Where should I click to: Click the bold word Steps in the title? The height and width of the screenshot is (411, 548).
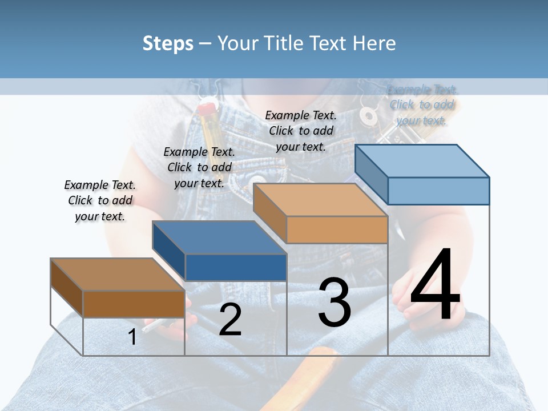(168, 43)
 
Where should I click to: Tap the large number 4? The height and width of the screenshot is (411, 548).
(435, 286)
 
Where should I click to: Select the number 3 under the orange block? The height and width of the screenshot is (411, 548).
(335, 303)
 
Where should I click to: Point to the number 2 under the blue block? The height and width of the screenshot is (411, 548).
(230, 320)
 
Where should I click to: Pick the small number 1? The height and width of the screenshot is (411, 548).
(132, 337)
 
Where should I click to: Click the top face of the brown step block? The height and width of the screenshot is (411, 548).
(117, 275)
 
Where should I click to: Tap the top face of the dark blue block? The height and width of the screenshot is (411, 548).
(219, 237)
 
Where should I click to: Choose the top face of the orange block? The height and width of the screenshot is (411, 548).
(320, 200)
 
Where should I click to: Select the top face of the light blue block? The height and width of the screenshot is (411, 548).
(422, 161)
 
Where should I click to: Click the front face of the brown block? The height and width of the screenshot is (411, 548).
(134, 304)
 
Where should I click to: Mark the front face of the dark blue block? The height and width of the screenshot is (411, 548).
(236, 267)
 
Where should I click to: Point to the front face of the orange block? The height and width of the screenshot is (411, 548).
(337, 230)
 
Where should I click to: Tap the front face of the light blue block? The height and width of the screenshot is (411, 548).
(438, 191)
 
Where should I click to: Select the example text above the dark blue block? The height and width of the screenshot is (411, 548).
(199, 167)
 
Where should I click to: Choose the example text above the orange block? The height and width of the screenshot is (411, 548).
(301, 131)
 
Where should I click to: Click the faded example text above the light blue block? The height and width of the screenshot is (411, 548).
(422, 105)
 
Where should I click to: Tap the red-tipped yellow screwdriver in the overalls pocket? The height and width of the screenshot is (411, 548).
(209, 123)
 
